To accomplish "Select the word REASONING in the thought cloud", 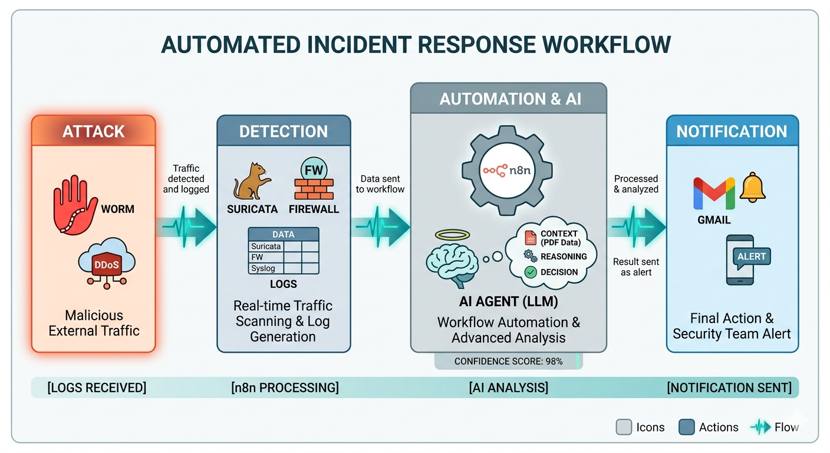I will (564, 257).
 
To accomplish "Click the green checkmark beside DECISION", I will (531, 272).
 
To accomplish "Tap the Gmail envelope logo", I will (714, 193).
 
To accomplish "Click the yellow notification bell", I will (752, 188).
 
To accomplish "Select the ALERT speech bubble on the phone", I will (752, 257).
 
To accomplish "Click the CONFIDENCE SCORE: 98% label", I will (508, 361).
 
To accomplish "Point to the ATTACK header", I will (93, 131).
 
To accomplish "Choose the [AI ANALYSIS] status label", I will (508, 388).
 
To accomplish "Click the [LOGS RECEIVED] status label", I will (97, 388).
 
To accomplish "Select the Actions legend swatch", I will (687, 427).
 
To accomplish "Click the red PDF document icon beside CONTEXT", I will (531, 238).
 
